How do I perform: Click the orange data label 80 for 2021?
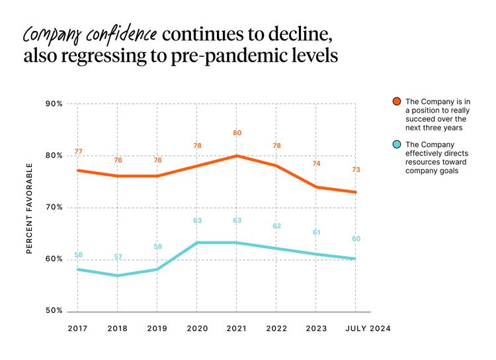(237, 133)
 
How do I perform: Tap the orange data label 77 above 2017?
(78, 152)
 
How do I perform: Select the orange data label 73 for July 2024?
(356, 170)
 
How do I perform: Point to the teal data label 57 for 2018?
(118, 257)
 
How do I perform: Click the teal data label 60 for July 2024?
(356, 239)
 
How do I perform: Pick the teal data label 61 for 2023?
(316, 232)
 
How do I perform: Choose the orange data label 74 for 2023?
(316, 163)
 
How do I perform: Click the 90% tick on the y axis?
(54, 104)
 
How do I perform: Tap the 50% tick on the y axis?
(54, 311)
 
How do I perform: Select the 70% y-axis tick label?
(54, 208)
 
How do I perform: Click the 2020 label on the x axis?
(197, 328)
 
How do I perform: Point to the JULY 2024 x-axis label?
(367, 328)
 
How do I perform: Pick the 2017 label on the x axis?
(78, 328)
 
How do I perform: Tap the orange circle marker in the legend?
(396, 101)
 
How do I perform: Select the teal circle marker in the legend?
(396, 144)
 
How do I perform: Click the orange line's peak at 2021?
(237, 156)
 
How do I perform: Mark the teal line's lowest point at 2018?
(118, 275)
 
